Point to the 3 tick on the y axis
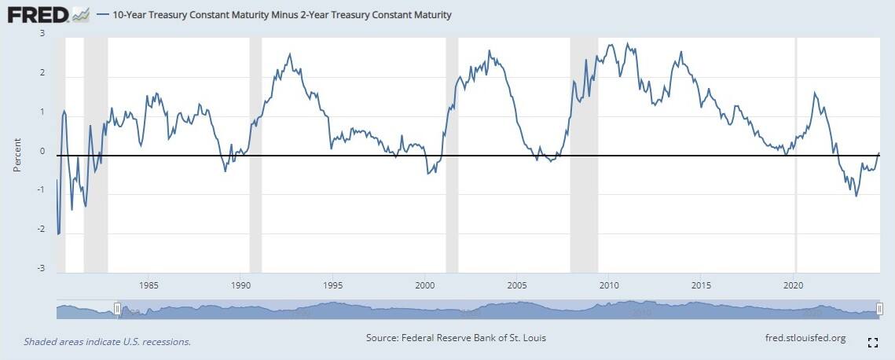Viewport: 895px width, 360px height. [42, 34]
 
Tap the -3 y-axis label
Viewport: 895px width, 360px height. [40, 268]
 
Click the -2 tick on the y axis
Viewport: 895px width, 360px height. [40, 230]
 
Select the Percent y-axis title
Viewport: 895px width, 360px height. [17, 156]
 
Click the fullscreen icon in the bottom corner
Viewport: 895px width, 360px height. [872, 342]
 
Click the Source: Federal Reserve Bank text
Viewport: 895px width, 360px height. [456, 338]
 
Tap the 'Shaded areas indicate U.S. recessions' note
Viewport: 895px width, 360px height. [108, 342]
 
